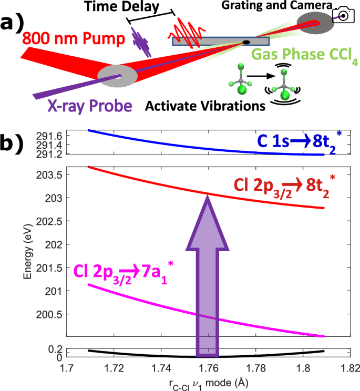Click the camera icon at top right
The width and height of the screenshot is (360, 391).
click(x=343, y=16)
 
